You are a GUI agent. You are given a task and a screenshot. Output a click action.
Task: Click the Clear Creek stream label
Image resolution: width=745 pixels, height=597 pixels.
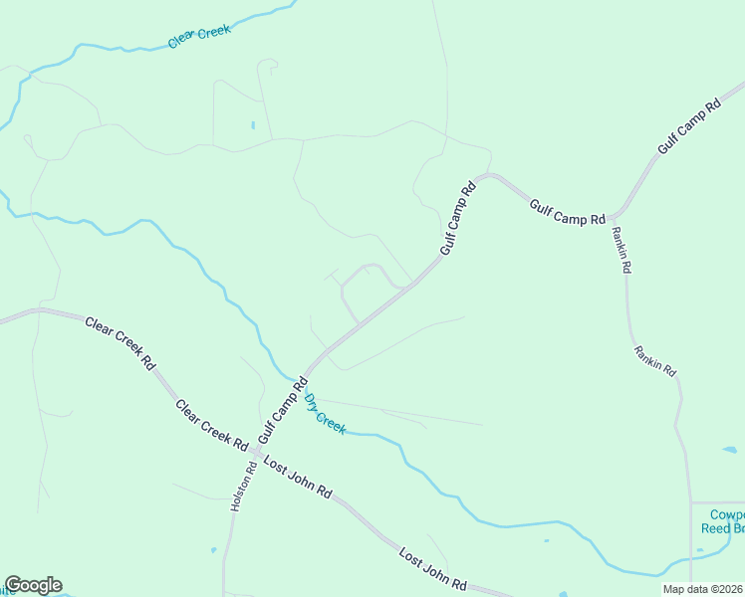(x=199, y=37)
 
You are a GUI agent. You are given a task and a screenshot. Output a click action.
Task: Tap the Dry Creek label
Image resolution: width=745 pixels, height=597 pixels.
(x=326, y=414)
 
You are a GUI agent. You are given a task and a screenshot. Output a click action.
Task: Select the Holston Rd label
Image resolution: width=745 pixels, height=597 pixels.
(x=237, y=486)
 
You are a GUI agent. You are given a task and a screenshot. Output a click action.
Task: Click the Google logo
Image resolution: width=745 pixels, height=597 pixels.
(x=33, y=585)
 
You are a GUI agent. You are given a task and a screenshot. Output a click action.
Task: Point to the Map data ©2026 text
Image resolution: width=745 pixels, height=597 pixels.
(x=703, y=589)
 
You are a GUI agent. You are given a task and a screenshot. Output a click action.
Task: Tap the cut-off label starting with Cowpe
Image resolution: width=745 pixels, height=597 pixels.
(x=726, y=514)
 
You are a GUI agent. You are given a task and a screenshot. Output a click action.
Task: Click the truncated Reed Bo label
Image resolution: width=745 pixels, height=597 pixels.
(x=722, y=528)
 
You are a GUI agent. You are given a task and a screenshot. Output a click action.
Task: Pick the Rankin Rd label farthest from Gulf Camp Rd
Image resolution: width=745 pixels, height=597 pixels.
(x=655, y=360)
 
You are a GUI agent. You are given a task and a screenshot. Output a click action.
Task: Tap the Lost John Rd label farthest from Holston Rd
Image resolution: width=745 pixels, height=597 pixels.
(x=433, y=568)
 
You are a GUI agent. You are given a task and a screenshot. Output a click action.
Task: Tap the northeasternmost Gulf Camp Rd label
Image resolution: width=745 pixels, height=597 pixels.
(x=688, y=126)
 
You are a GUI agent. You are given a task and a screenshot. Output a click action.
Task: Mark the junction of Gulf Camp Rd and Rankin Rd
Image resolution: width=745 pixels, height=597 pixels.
(x=618, y=214)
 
